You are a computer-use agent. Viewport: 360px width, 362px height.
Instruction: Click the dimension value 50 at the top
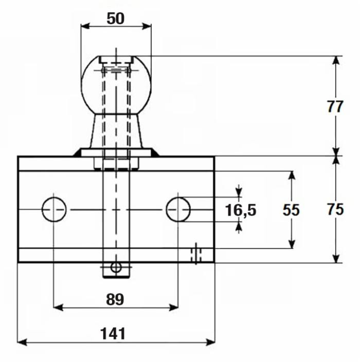click(116, 19)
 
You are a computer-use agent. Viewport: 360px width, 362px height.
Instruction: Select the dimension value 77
click(335, 107)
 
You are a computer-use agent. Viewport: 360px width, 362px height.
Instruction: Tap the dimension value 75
click(335, 210)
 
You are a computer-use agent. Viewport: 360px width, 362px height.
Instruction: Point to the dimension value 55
click(291, 210)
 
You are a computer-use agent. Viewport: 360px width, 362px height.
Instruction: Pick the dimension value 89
click(116, 299)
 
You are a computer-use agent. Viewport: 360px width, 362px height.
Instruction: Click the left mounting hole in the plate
click(54, 209)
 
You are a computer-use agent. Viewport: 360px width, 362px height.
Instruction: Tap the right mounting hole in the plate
click(178, 209)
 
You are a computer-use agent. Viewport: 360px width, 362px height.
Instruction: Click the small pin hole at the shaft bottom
click(116, 267)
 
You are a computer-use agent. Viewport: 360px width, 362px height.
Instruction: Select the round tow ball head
click(116, 85)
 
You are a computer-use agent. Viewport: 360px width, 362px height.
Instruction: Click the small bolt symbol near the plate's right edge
click(196, 254)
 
